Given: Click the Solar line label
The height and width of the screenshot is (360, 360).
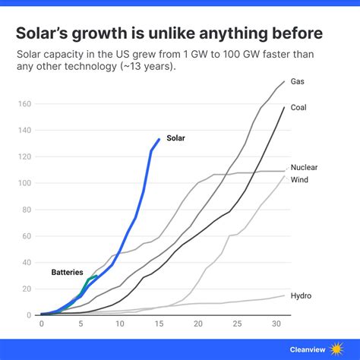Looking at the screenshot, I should (175, 138).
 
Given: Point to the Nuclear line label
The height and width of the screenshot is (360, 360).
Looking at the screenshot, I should (305, 167).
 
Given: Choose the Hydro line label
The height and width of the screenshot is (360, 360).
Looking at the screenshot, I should (302, 295).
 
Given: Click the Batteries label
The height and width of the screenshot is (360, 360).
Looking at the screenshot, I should (67, 272).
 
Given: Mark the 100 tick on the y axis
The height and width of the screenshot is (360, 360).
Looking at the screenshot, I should (27, 183).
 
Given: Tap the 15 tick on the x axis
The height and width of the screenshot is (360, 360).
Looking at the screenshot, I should (159, 324).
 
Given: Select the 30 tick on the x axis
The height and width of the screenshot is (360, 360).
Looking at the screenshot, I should (276, 324).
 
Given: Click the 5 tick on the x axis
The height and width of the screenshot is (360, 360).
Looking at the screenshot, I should (81, 324).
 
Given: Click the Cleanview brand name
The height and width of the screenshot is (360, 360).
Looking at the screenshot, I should (307, 349).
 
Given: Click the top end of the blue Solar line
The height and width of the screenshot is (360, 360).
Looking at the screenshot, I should (159, 139).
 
